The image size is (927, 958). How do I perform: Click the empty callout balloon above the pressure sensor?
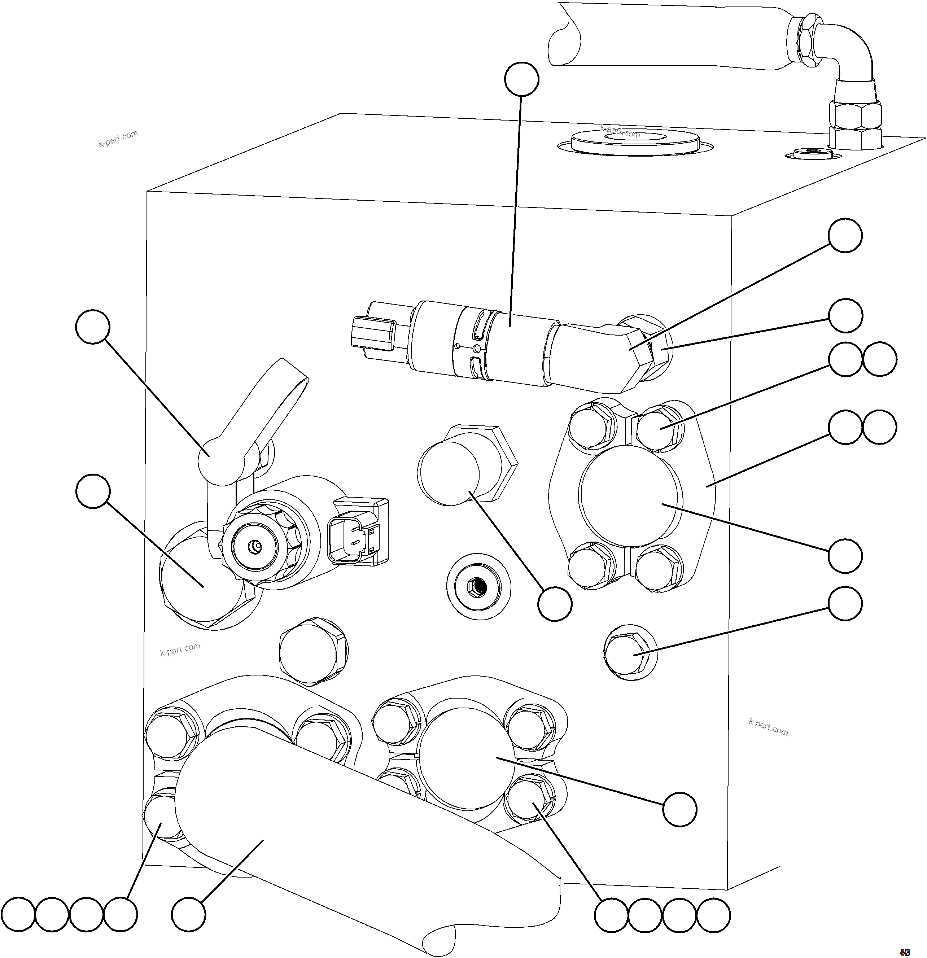coord(521,79)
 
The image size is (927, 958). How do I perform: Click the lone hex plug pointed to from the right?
coord(630,652)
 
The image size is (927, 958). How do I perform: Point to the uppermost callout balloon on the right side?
coord(845,236)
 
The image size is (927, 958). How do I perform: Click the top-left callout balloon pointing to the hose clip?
coord(93,326)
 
